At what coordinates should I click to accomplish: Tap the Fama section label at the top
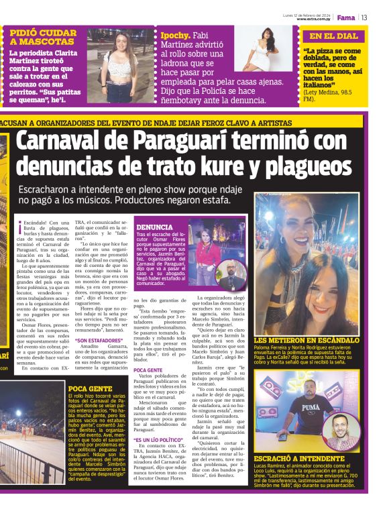pyautogui.click(x=345, y=17)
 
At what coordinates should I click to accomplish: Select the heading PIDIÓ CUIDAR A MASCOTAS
pyautogui.click(x=42, y=37)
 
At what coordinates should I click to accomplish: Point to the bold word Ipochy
pyautogui.click(x=175, y=36)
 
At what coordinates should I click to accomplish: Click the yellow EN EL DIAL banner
pyautogui.click(x=334, y=36)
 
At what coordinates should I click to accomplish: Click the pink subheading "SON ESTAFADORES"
pyautogui.click(x=98, y=340)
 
